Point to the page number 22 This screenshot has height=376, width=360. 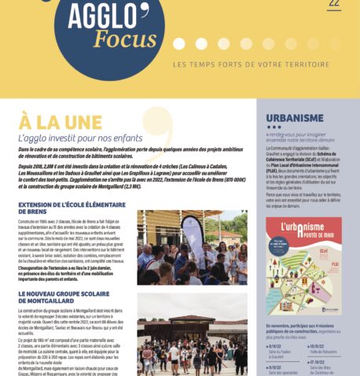tap(334, 5)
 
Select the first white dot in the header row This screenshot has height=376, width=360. tap(178, 43)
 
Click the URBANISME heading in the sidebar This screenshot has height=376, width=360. tap(295, 119)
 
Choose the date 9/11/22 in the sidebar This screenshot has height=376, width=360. tap(276, 366)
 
